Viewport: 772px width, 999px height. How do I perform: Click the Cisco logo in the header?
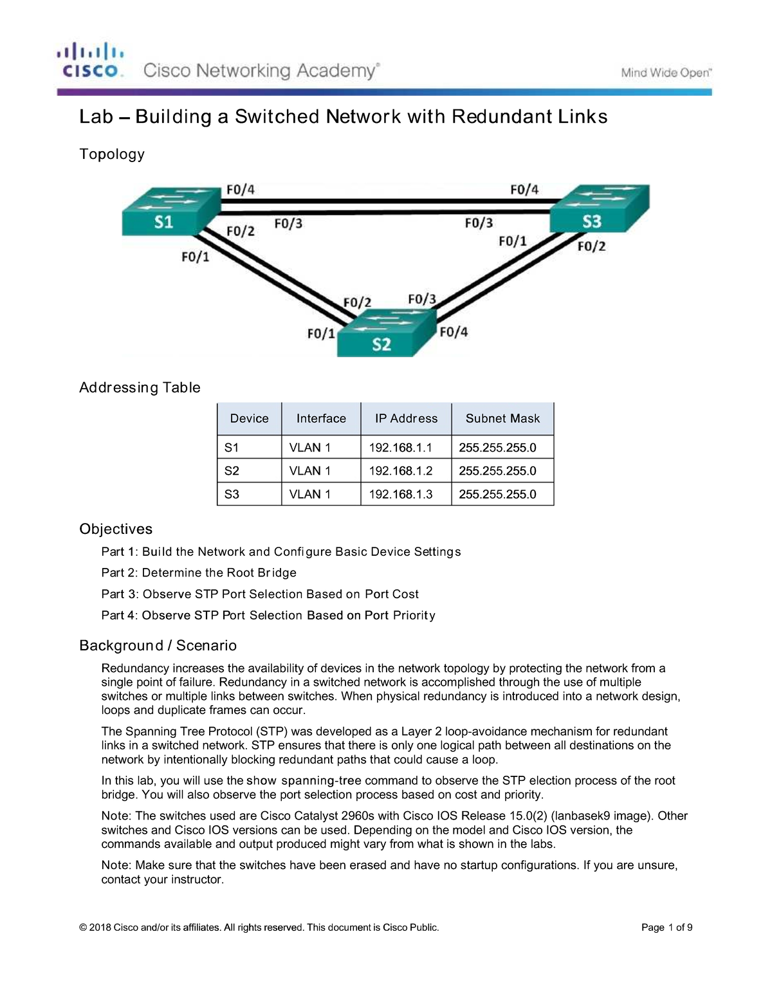click(91, 61)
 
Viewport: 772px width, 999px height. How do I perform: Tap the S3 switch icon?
click(598, 209)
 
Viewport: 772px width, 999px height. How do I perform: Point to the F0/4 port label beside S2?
click(454, 332)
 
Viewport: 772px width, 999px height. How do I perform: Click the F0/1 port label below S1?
click(195, 257)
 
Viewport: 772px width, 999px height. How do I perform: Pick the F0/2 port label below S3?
click(591, 246)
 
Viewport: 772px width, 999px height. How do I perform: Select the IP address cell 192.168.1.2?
click(401, 471)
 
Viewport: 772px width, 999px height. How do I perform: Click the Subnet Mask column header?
click(502, 419)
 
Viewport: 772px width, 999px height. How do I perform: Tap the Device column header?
click(249, 419)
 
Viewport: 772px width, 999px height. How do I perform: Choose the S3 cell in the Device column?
click(232, 494)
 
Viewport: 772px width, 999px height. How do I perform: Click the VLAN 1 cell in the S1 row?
click(310, 448)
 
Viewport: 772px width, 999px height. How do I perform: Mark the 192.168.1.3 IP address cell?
click(401, 494)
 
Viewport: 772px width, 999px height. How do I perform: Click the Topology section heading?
click(112, 154)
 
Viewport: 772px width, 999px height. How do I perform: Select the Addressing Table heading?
click(140, 387)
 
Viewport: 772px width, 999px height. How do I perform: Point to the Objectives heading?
click(116, 529)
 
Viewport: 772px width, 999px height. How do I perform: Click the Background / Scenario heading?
click(158, 645)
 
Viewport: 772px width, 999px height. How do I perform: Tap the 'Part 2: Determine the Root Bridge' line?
click(199, 573)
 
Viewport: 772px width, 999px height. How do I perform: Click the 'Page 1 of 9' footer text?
click(666, 927)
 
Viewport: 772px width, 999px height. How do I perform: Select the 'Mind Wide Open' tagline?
click(665, 73)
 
